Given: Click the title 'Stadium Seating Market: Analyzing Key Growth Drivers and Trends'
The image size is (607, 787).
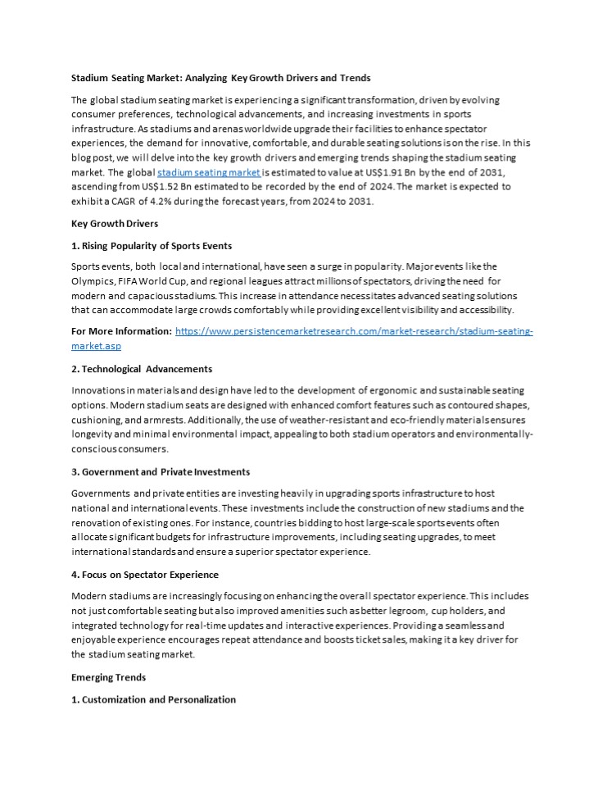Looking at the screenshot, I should coord(221,78).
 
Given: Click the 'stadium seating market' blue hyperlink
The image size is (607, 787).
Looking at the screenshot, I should coord(208,173).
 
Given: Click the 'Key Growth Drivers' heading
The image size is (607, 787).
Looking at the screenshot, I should coord(115,223).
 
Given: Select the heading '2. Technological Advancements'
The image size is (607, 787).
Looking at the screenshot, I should coord(142,369).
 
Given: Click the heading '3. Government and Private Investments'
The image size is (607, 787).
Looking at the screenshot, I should coord(161,471).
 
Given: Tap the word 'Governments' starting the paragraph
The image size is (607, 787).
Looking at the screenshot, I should coord(100,493).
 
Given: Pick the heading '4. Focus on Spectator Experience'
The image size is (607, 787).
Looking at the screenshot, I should coord(145,574).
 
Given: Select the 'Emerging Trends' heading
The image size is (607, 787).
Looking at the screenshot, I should coord(110,678).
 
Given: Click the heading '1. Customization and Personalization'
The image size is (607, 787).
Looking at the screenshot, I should coord(153,699).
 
